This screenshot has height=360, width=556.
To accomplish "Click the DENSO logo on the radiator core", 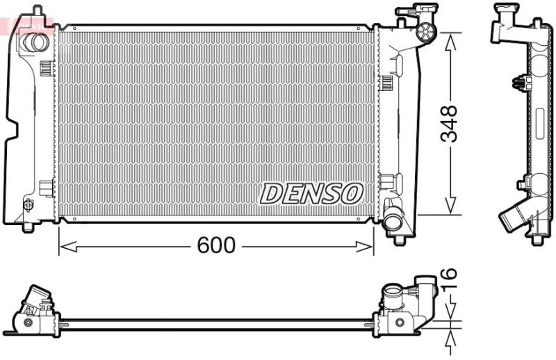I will [311, 194].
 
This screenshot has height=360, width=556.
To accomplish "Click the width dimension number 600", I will [217, 245].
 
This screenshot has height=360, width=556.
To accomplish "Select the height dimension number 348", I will [450, 124].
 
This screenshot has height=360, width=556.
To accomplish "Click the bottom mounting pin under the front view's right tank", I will [399, 240].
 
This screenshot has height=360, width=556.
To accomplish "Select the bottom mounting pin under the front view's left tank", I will [27, 227].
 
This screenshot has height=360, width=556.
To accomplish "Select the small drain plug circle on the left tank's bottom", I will [28, 204].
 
